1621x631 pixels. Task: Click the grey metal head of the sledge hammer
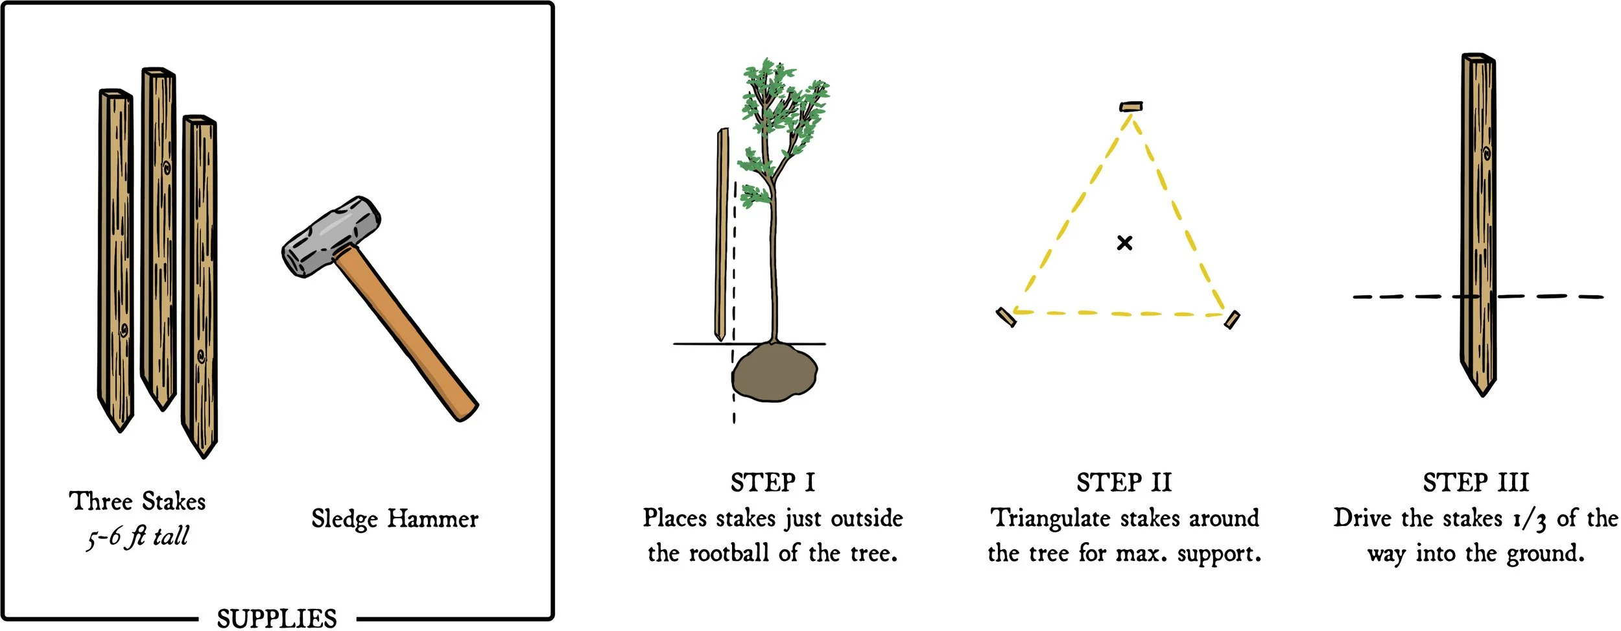pyautogui.click(x=331, y=237)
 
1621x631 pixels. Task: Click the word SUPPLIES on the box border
pyautogui.click(x=277, y=618)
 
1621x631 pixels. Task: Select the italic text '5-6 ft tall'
pyautogui.click(x=138, y=537)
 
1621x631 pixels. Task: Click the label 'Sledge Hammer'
pyautogui.click(x=394, y=519)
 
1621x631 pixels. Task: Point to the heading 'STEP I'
pyautogui.click(x=772, y=482)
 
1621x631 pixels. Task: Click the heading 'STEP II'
pyautogui.click(x=1124, y=482)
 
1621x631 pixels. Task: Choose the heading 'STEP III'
pyautogui.click(x=1476, y=482)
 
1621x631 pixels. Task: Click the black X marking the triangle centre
pyautogui.click(x=1125, y=243)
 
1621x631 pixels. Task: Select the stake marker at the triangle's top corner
pyautogui.click(x=1131, y=106)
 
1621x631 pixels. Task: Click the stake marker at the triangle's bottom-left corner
pyautogui.click(x=1006, y=317)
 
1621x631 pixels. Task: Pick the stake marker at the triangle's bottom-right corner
pyautogui.click(x=1232, y=319)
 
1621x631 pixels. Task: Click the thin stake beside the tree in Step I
pyautogui.click(x=721, y=233)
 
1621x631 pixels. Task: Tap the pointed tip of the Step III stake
pyautogui.click(x=1482, y=388)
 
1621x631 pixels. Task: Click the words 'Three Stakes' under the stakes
pyautogui.click(x=137, y=501)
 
